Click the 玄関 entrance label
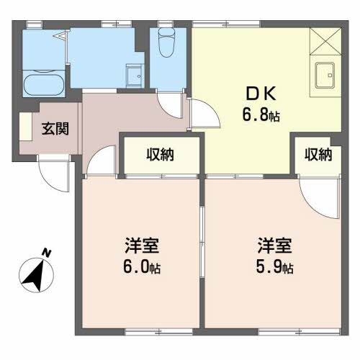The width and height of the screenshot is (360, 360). coord(55,129)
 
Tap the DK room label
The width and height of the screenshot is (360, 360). coord(261,94)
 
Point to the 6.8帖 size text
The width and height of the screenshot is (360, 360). coord(261,115)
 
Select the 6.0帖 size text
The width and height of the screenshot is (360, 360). coord(142,266)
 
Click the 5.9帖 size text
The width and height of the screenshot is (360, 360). coord(274,266)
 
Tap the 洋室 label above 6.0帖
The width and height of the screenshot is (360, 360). coord(142,246)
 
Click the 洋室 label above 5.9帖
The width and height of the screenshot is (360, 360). coord(274,246)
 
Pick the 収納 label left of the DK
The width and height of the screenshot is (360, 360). coord(160,154)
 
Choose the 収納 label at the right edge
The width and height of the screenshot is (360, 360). coord(318,154)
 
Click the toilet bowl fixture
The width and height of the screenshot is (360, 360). coord(167,42)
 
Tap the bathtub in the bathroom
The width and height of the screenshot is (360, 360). coord(44,85)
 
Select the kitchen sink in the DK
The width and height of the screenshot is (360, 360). coord(325,76)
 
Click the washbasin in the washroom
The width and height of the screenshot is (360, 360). coord(135,76)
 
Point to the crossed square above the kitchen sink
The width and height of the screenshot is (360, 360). coord(325,41)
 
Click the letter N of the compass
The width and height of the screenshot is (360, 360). coord(47,253)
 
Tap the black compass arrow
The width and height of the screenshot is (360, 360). coord(34,276)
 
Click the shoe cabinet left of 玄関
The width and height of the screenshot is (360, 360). coord(26,127)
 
